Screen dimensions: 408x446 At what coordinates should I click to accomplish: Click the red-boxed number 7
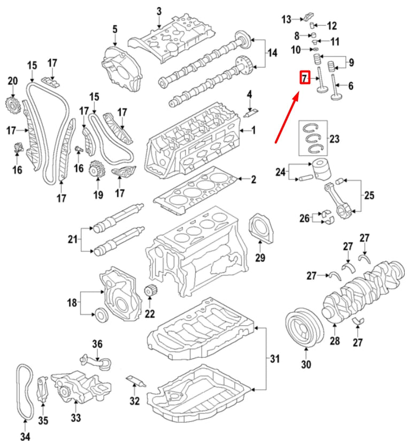304,78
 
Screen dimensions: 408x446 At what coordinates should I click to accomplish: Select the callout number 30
306,364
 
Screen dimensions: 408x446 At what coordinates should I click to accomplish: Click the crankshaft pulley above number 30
304,327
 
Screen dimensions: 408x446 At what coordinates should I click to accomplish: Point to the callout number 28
335,341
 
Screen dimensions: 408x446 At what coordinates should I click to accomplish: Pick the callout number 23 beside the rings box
335,139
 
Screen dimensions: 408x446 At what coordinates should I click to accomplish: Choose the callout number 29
260,257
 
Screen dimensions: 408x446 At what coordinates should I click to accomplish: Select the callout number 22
150,314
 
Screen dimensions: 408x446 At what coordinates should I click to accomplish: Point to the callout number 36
97,344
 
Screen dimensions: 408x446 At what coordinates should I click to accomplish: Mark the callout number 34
25,436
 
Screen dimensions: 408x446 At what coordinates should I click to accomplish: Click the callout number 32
135,401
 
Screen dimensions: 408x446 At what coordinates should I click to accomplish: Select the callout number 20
12,81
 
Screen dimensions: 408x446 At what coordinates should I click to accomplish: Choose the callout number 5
114,29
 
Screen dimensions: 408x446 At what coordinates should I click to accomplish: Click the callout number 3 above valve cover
159,11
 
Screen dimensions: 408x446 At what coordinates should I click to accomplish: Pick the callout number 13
286,19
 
